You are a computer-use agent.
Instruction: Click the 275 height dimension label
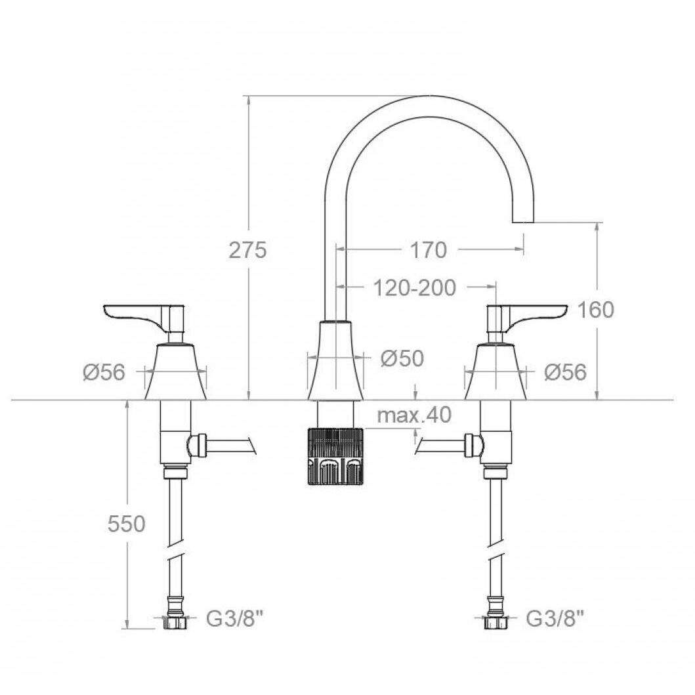tap(248, 250)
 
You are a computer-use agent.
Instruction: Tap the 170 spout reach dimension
tap(428, 250)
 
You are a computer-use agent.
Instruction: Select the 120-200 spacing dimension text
tap(414, 288)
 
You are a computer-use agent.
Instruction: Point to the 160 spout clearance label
tap(595, 310)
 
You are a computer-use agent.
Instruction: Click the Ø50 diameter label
tap(402, 358)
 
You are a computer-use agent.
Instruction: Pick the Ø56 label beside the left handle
tap(104, 372)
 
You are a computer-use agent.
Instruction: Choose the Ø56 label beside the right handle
tap(565, 372)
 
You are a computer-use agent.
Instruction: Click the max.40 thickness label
tap(414, 415)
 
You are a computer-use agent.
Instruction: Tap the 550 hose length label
tap(126, 524)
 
